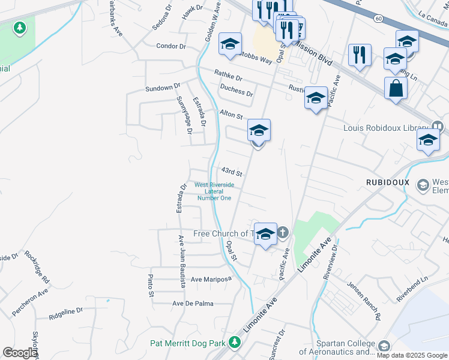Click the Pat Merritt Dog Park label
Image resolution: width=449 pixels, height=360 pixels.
(187, 343)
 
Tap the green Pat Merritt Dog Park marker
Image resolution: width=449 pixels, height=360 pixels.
(235, 343)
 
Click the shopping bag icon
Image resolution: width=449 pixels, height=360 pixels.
(396, 88)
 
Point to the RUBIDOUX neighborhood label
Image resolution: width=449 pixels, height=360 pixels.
(387, 182)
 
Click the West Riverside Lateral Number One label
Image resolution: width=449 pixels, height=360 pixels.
(214, 191)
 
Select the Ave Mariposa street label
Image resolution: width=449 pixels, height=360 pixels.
(211, 280)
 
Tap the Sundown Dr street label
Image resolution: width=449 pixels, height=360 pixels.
(163, 88)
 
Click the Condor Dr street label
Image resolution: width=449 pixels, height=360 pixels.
(172, 46)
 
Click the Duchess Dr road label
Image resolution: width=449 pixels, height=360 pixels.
(236, 91)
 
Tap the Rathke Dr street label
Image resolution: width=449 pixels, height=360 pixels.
(229, 75)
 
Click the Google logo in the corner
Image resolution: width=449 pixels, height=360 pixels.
(20, 353)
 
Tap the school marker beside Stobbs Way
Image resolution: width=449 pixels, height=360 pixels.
(230, 44)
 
